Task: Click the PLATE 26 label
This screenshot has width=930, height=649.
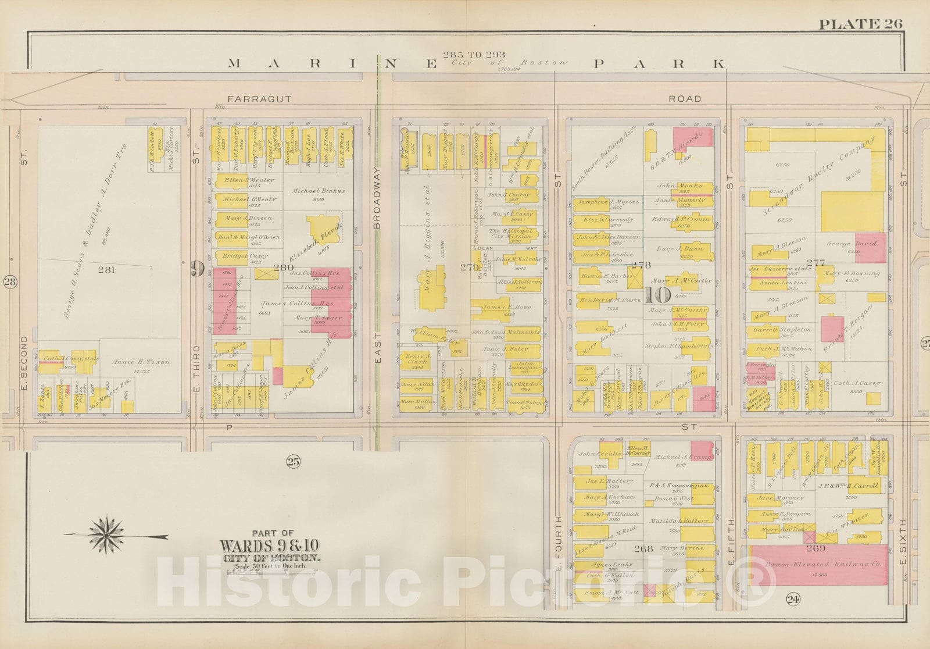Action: coord(860,24)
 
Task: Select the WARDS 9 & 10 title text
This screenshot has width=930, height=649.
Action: coord(270,546)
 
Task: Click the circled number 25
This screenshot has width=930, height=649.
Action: coord(292,462)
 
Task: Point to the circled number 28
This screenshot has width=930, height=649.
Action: coord(10,282)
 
